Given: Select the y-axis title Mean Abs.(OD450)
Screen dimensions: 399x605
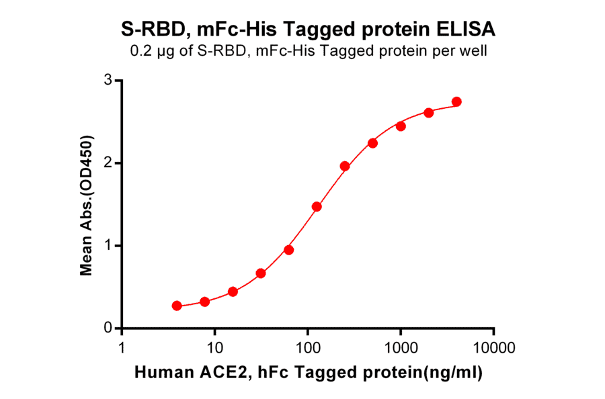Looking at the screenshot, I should [x=86, y=205].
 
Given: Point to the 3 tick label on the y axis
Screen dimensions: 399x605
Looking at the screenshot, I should [x=108, y=81].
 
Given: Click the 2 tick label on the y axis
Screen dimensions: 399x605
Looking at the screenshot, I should [x=108, y=163].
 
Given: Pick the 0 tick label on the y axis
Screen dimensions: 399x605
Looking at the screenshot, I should [x=108, y=328].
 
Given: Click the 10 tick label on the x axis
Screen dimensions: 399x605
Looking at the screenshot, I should [x=214, y=348].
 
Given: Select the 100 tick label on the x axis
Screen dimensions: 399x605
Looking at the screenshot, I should [x=307, y=348].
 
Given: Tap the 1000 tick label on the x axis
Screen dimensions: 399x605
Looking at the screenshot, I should [x=401, y=348].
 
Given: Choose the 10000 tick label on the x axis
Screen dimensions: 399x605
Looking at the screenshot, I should [x=494, y=348].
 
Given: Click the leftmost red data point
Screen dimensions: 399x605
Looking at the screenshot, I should [x=177, y=306].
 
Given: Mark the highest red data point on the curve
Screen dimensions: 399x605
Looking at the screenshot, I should [x=457, y=101].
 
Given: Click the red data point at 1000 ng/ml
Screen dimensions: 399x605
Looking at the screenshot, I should [x=401, y=126].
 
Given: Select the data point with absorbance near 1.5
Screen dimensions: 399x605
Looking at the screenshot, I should [x=317, y=206].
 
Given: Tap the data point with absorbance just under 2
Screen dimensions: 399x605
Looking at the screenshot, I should [x=345, y=166].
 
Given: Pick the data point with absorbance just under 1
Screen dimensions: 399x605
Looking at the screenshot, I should [x=288, y=250].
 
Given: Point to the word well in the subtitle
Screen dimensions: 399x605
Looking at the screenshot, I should [x=474, y=51].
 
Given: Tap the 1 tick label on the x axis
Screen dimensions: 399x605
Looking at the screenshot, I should [x=122, y=348].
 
